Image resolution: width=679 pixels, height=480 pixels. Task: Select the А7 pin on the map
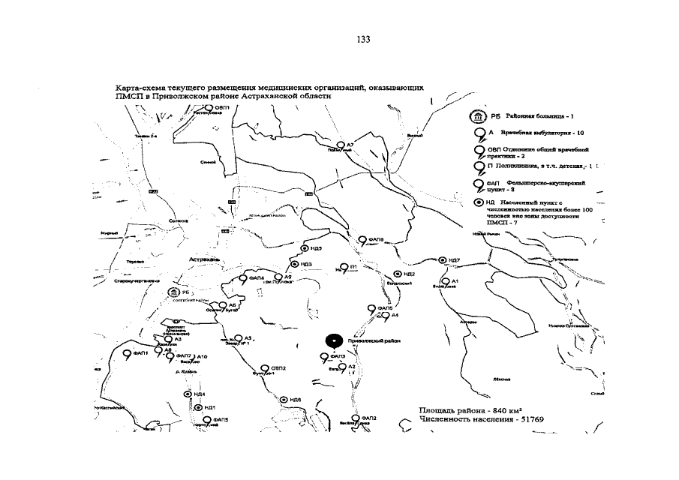[x=340, y=144]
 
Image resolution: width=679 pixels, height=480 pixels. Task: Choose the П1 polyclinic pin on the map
[x=344, y=267]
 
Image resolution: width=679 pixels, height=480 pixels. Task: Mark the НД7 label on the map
[x=454, y=260]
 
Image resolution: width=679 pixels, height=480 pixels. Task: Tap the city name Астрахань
[x=204, y=259]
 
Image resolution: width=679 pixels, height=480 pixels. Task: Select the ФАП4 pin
[x=242, y=278]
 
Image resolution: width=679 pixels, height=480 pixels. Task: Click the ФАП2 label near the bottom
[x=368, y=418]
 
